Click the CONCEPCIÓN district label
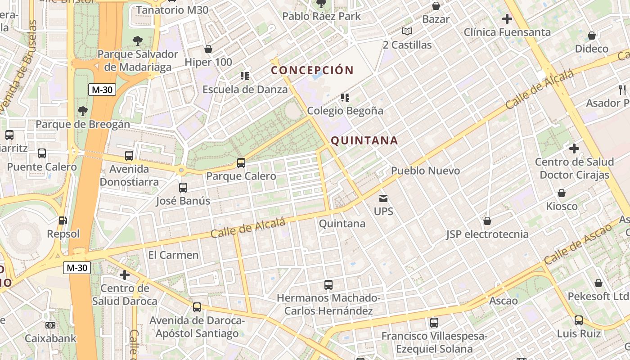pos(312,70)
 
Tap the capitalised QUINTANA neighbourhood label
pos(364,141)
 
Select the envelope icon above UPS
pos(383,198)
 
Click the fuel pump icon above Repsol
pos(63,220)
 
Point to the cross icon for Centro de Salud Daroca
pos(125,274)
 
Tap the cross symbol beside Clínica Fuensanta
pos(507,19)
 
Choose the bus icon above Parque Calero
pos(241,163)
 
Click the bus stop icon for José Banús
pos(183,188)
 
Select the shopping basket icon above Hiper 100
pos(208,49)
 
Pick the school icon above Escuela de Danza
pos(245,76)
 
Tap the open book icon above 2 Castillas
pos(407,31)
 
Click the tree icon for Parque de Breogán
pos(82,111)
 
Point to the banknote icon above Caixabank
pos(50,325)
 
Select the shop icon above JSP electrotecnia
pos(487,221)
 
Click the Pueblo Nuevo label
pos(425,171)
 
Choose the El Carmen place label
pos(173,255)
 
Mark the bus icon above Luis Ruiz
pos(579,320)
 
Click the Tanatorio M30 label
pos(172,10)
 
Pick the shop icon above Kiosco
pos(562,193)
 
